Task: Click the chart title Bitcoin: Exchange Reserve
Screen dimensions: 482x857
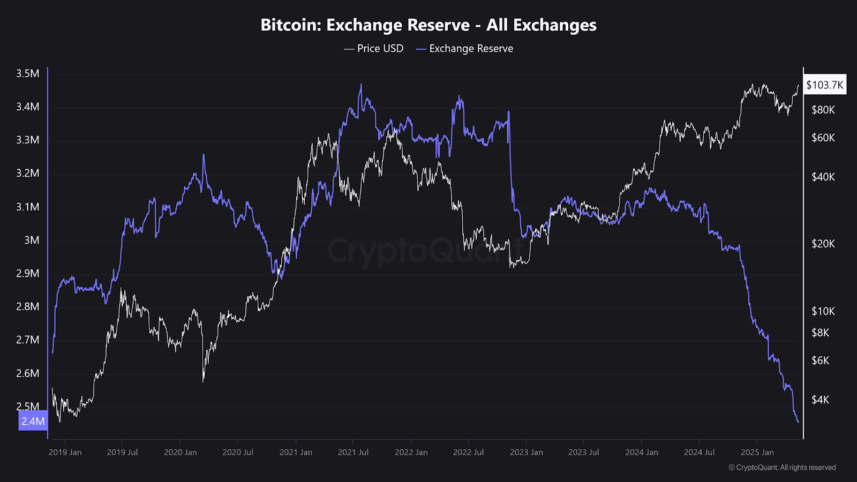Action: [x=428, y=25]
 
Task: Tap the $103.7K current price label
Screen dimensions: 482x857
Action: [x=824, y=85]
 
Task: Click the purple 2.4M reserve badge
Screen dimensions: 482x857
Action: [x=33, y=421]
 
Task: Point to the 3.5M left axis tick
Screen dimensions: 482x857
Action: [x=28, y=73]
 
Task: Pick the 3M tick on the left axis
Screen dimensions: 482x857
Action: [x=32, y=240]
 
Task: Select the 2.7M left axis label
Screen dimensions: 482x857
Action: [x=28, y=340]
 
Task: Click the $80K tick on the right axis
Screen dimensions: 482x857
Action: [x=823, y=110]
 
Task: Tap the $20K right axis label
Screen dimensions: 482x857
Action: [x=823, y=244]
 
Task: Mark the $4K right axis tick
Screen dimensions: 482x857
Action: [x=821, y=400]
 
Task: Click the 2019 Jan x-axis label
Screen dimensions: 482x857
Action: [x=65, y=452]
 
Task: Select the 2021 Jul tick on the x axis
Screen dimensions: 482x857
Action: [x=353, y=452]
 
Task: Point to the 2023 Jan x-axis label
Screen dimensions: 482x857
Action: [x=526, y=452]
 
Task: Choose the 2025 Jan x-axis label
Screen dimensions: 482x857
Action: [x=757, y=452]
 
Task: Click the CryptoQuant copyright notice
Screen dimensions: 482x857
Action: [x=782, y=468]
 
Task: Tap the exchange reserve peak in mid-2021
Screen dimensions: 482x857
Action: [x=360, y=84]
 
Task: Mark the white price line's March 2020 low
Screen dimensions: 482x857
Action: [x=204, y=381]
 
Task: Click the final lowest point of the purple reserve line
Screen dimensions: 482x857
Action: [x=798, y=422]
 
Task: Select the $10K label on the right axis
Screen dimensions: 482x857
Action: [x=823, y=311]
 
